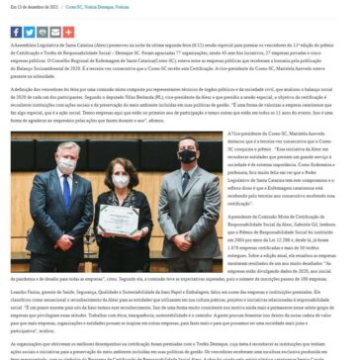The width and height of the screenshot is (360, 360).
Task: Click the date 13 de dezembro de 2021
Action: pyautogui.click(x=30, y=7)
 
